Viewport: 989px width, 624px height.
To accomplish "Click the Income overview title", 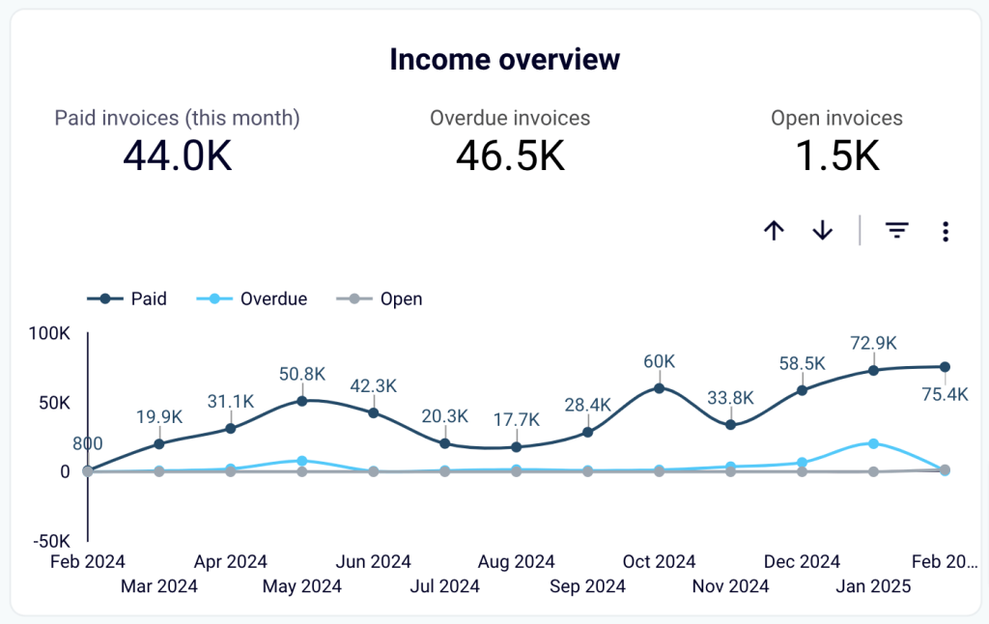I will pos(504,59).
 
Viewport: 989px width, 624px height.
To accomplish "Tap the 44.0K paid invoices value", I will pos(178,156).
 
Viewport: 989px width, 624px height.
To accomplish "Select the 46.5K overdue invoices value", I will pos(510,156).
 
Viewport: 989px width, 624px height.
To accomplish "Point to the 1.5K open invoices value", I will pos(836,156).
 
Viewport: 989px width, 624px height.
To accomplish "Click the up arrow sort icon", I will pos(774,231).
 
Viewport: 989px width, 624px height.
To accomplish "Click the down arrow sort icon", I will pos(822,231).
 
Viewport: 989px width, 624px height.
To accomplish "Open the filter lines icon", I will pos(897,231).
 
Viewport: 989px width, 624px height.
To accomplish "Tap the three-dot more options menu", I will pos(946,231).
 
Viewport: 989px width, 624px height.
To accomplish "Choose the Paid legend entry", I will pos(127,298).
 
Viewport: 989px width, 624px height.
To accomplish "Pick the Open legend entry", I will pos(380,298).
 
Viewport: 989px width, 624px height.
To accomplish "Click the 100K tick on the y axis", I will pos(49,333).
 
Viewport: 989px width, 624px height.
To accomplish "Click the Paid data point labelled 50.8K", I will pos(302,401).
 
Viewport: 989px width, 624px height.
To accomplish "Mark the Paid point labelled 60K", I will pos(660,388).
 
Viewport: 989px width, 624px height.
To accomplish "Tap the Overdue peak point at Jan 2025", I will pos(874,443).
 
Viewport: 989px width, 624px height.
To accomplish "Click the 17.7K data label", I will pos(516,419).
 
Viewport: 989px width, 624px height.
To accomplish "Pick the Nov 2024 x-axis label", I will pos(730,586).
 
